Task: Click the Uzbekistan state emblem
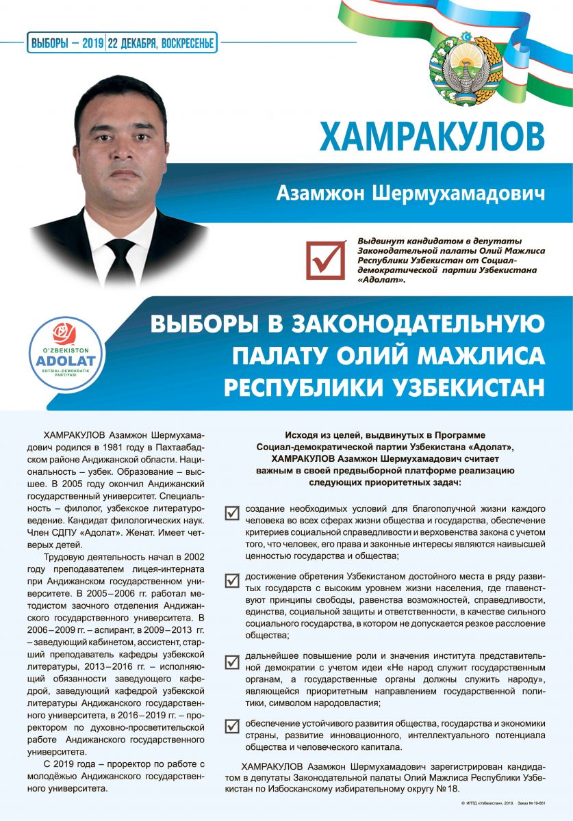tap(465, 68)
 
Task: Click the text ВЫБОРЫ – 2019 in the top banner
tap(67, 44)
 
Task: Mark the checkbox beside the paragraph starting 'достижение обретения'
tap(232, 582)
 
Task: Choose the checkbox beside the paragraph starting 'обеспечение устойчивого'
tap(232, 725)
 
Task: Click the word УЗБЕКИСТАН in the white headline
tap(467, 387)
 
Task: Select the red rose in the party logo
tap(66, 333)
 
